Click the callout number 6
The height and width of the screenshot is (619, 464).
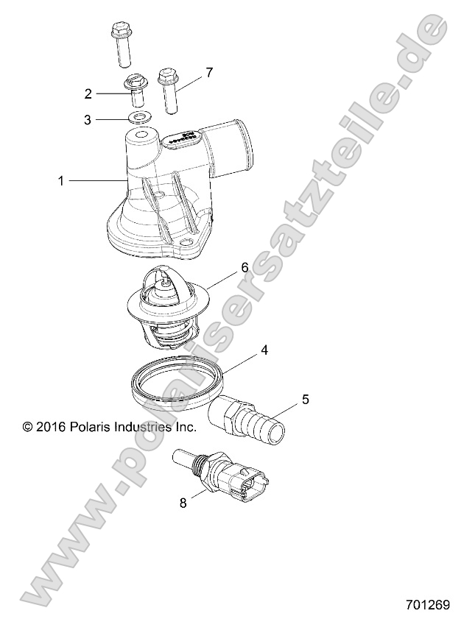(x=243, y=268)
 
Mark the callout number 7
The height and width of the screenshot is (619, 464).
(x=209, y=72)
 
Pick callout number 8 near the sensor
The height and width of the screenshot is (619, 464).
(x=183, y=503)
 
